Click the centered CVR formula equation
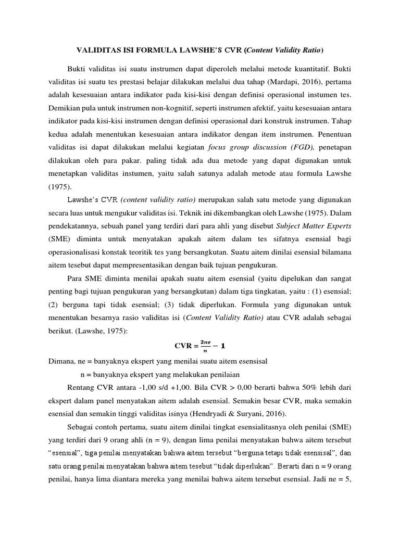point(199,347)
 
